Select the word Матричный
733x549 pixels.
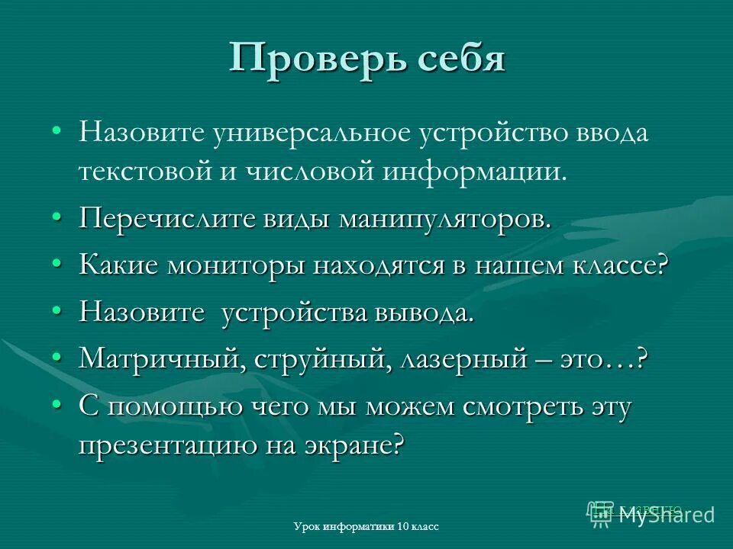157,360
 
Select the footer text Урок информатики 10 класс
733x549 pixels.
366,527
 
